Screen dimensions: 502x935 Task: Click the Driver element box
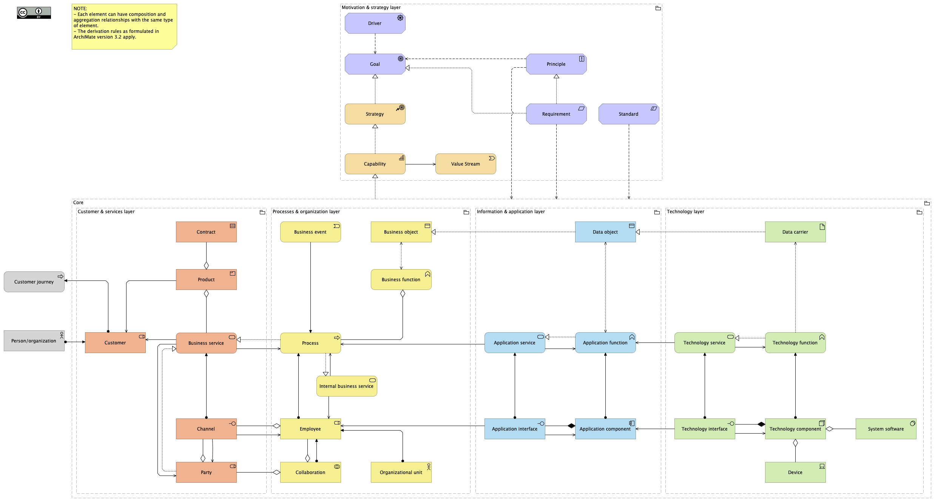pos(375,23)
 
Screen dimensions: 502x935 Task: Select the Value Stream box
pos(465,164)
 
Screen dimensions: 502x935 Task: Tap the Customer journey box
pos(34,282)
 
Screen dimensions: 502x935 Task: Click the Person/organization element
pos(34,341)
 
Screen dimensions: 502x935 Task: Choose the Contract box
pos(206,232)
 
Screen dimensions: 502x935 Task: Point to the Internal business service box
pos(346,386)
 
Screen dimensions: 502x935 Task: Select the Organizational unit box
pos(401,473)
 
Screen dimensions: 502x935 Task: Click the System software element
pos(886,429)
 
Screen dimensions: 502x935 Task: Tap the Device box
pos(795,473)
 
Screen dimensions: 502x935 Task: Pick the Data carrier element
pos(795,232)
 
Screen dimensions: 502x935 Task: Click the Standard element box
pos(628,114)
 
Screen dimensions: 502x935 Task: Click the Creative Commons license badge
pos(34,13)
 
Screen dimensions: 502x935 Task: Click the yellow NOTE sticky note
pos(124,26)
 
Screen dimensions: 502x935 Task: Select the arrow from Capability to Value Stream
pos(420,164)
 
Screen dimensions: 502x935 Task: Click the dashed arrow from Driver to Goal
pos(375,44)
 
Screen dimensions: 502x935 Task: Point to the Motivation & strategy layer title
pos(371,8)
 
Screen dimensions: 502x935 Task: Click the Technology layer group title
pos(685,212)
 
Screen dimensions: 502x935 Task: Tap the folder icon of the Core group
pos(927,203)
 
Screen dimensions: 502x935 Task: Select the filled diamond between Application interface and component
pos(571,426)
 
